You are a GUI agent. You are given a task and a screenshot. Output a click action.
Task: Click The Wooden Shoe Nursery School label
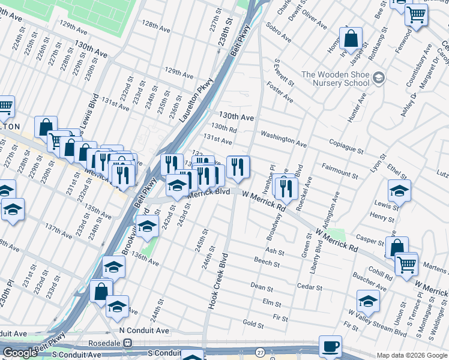pos(336,79)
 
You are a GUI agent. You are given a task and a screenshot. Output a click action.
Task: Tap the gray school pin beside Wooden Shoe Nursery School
pos(379,77)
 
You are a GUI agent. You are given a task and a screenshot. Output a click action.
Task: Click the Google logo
pos(20,353)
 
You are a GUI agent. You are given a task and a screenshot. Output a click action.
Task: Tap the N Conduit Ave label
pos(144,330)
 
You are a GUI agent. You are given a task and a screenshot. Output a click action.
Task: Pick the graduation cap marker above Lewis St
pos(399,191)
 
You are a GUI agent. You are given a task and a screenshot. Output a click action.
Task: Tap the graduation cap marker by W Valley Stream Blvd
pos(368,301)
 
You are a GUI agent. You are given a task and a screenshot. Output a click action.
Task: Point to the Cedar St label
pos(310,286)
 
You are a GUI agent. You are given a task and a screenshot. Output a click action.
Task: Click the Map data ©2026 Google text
pos(412,355)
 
